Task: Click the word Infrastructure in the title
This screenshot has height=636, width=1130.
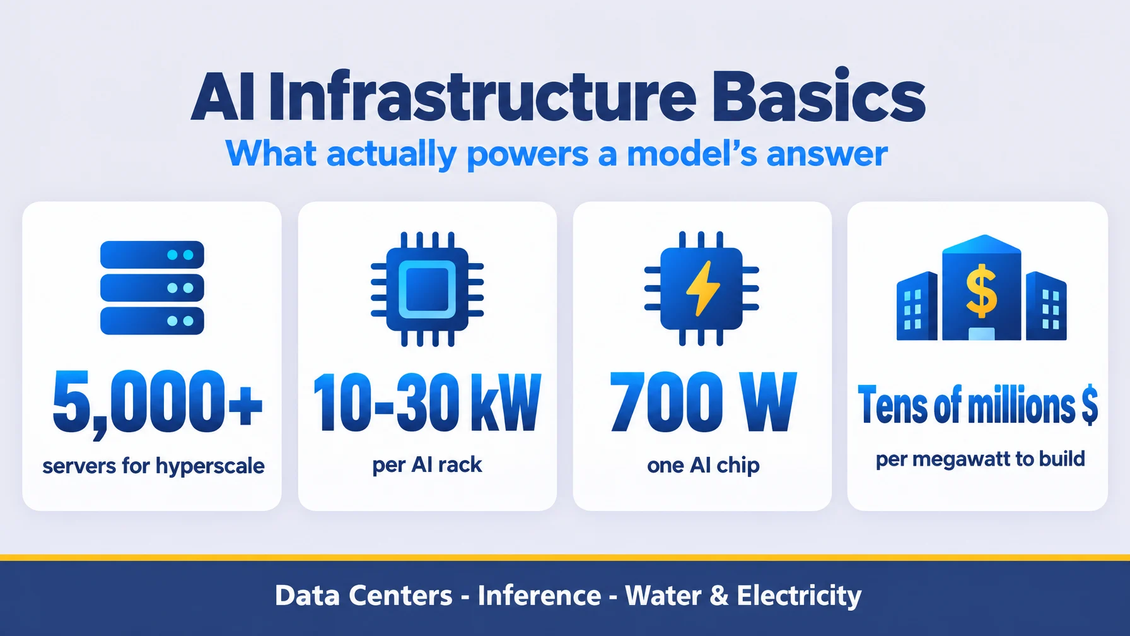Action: [x=482, y=97]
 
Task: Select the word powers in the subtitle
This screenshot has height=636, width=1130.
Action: [x=528, y=155]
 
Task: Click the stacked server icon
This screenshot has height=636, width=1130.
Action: [x=152, y=288]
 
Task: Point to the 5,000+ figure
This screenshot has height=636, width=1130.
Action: [x=157, y=402]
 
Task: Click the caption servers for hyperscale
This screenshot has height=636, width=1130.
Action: [x=153, y=466]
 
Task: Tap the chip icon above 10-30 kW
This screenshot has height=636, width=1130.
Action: [x=427, y=289]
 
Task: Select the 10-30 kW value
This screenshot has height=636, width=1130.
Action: [x=427, y=403]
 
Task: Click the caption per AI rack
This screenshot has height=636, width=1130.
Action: [x=427, y=465]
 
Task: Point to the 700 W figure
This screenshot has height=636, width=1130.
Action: [x=703, y=402]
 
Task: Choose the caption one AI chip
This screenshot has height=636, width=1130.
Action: [x=703, y=466]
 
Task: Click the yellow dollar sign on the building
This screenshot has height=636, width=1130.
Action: [x=982, y=290]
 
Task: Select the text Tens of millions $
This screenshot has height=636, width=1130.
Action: [x=977, y=405]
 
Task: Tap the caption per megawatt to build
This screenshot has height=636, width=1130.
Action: [x=980, y=459]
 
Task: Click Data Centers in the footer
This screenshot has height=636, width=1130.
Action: [x=364, y=596]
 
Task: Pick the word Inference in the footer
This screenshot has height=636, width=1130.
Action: [x=539, y=596]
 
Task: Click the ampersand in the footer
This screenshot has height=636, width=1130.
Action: [x=719, y=596]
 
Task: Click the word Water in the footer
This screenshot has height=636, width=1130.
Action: [x=663, y=596]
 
